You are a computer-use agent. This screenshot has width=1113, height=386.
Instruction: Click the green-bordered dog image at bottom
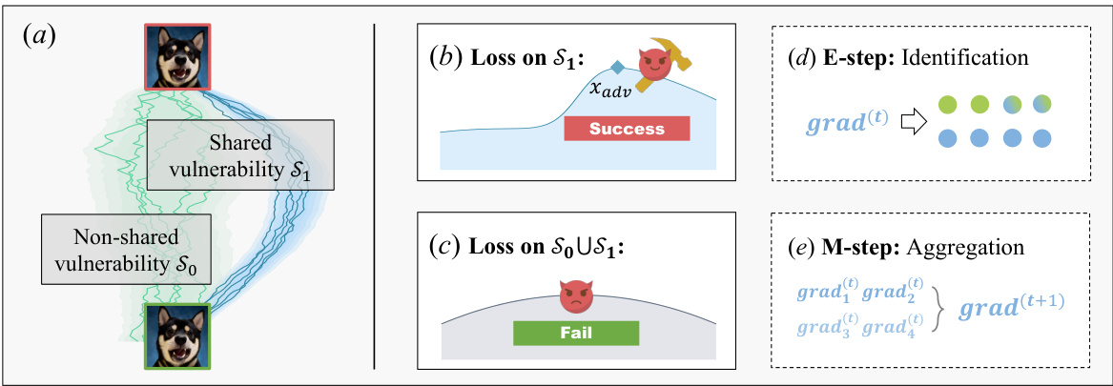(x=176, y=335)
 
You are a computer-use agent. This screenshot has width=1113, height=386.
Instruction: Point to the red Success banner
(x=626, y=128)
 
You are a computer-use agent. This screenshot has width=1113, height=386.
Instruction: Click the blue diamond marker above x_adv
(x=618, y=68)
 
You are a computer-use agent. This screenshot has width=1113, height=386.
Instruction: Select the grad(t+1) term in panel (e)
(x=1012, y=307)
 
